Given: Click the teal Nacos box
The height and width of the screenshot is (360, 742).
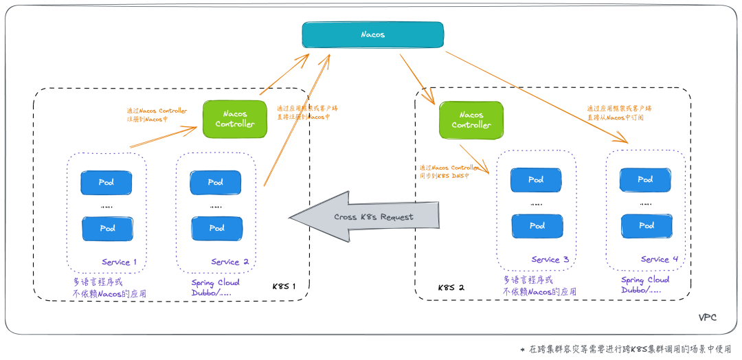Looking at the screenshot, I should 373,34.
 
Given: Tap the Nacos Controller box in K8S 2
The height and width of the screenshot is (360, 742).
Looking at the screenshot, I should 471,120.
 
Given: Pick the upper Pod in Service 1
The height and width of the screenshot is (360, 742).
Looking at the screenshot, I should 106,183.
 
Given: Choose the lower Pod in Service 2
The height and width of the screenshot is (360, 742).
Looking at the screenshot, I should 216,228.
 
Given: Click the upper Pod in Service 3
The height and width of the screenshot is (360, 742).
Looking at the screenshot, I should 536,180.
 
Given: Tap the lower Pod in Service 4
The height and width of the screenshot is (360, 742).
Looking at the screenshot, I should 646,225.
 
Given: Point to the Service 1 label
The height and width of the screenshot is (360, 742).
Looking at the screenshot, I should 120,262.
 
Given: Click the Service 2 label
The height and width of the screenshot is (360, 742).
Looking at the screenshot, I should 229,262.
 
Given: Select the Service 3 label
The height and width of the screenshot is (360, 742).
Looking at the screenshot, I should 550,260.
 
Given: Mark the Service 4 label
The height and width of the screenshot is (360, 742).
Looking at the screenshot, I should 660,259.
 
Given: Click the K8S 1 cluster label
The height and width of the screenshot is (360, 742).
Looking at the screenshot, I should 284,286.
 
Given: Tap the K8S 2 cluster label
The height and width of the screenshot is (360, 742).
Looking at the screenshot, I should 451,286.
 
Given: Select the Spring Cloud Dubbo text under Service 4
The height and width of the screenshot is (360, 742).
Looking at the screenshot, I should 645,285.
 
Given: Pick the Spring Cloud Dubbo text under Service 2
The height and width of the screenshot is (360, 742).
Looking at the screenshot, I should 215,288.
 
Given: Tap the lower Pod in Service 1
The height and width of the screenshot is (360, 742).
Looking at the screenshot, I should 107,228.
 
